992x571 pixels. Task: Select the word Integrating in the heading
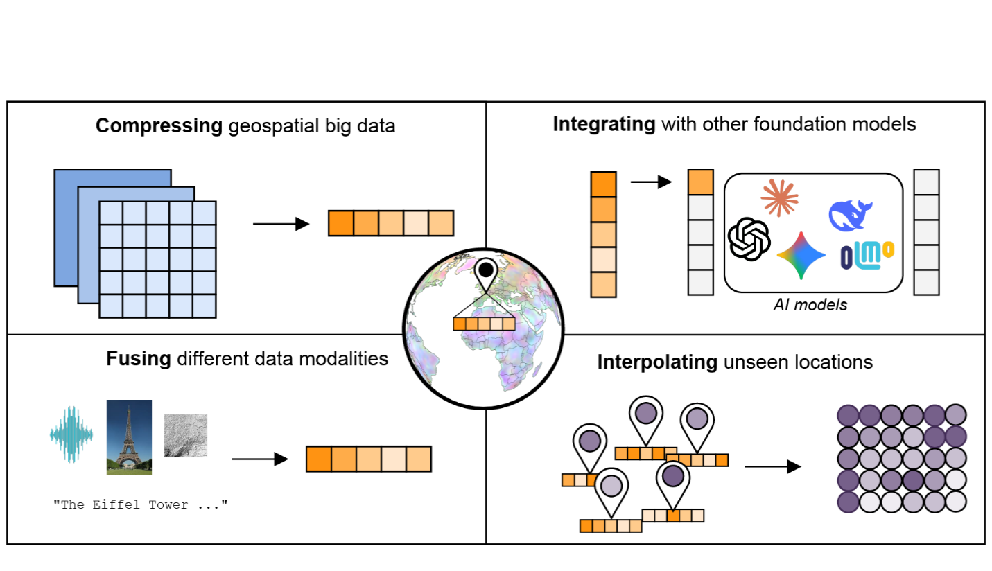point(604,125)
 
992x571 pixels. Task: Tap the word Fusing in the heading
point(139,359)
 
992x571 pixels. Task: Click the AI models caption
point(810,305)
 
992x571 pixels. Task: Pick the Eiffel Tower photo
point(129,437)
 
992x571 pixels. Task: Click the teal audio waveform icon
point(71,434)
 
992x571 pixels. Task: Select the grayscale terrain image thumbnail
point(185,435)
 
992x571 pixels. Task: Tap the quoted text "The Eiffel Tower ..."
point(140,504)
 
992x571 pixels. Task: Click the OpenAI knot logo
point(749,239)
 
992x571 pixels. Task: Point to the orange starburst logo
point(780,197)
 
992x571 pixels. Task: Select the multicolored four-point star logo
point(801,255)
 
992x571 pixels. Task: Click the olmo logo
point(867,255)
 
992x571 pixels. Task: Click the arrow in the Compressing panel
point(281,224)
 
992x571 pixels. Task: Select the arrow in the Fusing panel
point(259,459)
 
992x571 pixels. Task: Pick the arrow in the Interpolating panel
point(772,466)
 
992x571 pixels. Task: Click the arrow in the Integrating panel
point(651,182)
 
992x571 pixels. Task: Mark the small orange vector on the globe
point(483,324)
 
